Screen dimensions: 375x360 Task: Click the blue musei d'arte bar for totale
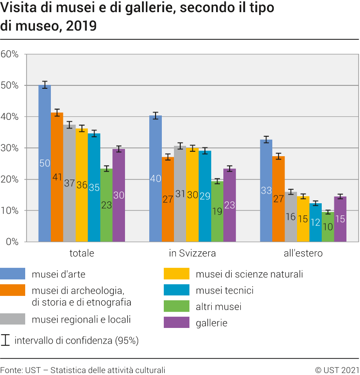(x=45, y=163)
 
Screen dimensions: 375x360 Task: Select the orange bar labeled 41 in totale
(x=57, y=177)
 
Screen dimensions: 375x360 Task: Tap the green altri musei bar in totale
(x=106, y=205)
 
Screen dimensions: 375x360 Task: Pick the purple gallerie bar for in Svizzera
(x=230, y=205)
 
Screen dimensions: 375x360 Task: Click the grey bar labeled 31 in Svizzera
(x=180, y=194)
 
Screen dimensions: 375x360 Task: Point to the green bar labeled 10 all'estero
(x=328, y=227)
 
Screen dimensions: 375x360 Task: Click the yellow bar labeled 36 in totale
(x=81, y=185)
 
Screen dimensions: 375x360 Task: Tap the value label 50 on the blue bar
(x=45, y=163)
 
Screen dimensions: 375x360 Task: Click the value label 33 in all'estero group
(x=266, y=191)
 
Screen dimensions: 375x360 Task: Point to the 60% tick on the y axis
(x=10, y=54)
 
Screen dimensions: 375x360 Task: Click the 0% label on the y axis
(x=12, y=242)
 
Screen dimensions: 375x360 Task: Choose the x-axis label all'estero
(x=303, y=253)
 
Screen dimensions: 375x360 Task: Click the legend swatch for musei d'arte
(x=13, y=274)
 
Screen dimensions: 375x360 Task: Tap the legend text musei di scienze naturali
(x=249, y=274)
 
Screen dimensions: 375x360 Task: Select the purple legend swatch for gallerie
(x=176, y=323)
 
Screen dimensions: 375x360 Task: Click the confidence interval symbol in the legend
(x=5, y=340)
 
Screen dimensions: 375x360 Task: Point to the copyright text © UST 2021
(x=337, y=370)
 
